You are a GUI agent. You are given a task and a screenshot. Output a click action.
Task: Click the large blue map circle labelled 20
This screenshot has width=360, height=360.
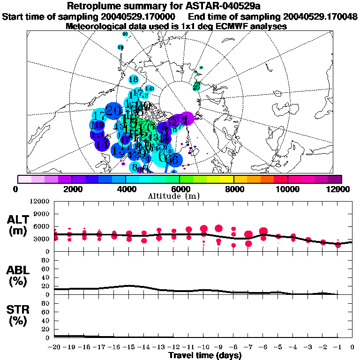tap(113, 111)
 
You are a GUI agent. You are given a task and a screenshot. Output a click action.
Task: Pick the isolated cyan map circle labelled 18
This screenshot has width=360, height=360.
tap(133, 80)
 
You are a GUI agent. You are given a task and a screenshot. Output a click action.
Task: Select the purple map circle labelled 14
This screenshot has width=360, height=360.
tap(102, 143)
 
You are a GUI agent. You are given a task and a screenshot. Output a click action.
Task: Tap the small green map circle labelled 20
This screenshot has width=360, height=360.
tap(196, 87)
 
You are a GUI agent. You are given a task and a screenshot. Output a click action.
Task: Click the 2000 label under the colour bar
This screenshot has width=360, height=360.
tap(71, 189)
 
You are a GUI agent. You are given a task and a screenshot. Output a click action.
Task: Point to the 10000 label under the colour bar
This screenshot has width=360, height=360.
tap(287, 189)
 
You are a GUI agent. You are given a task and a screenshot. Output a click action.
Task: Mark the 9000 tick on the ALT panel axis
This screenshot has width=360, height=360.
tap(43, 214)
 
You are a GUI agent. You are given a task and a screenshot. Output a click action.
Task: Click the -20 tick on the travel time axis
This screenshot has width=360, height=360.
tap(54, 347)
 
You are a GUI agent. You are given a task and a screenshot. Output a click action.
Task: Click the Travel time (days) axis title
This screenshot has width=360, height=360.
tap(204, 356)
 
